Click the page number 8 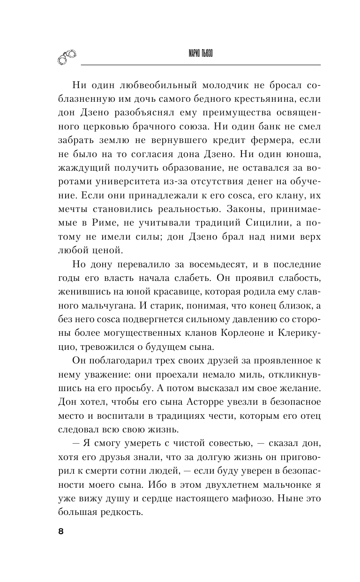[60, 532]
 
